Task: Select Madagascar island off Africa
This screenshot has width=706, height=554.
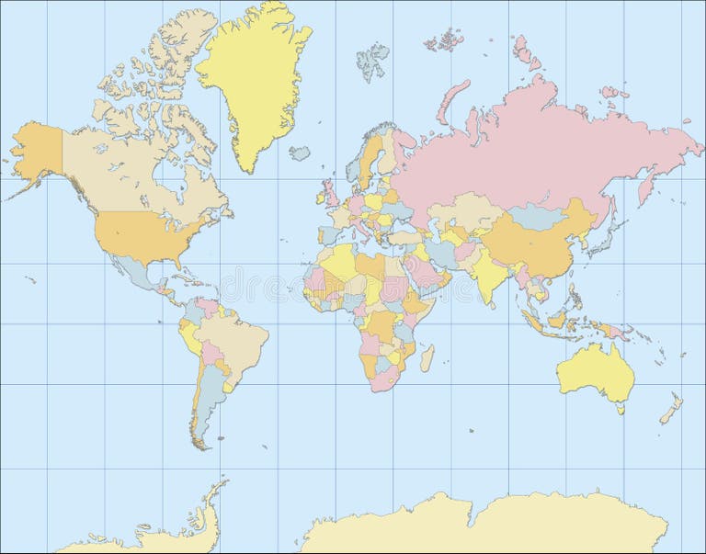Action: [x=427, y=357]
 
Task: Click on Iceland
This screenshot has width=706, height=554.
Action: [x=300, y=153]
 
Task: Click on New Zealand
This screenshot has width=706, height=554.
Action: [x=672, y=408]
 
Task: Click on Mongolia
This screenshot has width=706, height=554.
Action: [x=537, y=217]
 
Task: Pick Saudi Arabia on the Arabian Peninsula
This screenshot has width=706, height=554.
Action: [x=423, y=270]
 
